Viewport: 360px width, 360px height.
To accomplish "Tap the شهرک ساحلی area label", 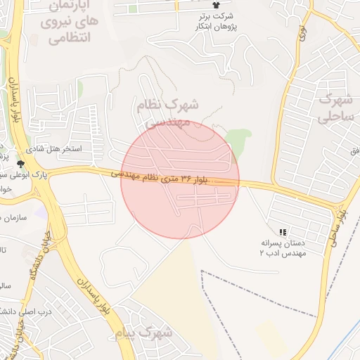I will coord(333,107).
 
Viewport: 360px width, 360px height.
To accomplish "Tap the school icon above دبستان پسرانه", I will coord(283,231).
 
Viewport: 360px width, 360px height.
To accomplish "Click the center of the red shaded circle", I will coord(180,179).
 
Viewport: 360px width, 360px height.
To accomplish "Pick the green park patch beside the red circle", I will coord(240,141).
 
